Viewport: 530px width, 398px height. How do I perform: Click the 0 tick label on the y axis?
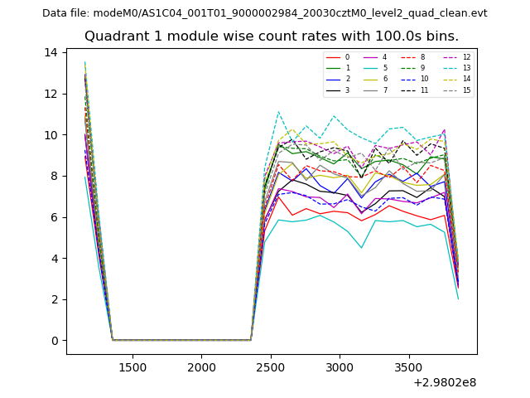(54, 341)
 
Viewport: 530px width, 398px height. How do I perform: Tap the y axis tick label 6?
(54, 217)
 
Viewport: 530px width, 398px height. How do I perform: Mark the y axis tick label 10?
(51, 135)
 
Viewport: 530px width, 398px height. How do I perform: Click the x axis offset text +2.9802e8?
(444, 383)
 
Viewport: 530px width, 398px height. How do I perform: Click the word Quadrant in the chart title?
(114, 36)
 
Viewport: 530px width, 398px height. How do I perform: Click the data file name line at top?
(264, 13)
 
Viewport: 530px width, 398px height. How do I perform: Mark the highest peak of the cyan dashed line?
(278, 112)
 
